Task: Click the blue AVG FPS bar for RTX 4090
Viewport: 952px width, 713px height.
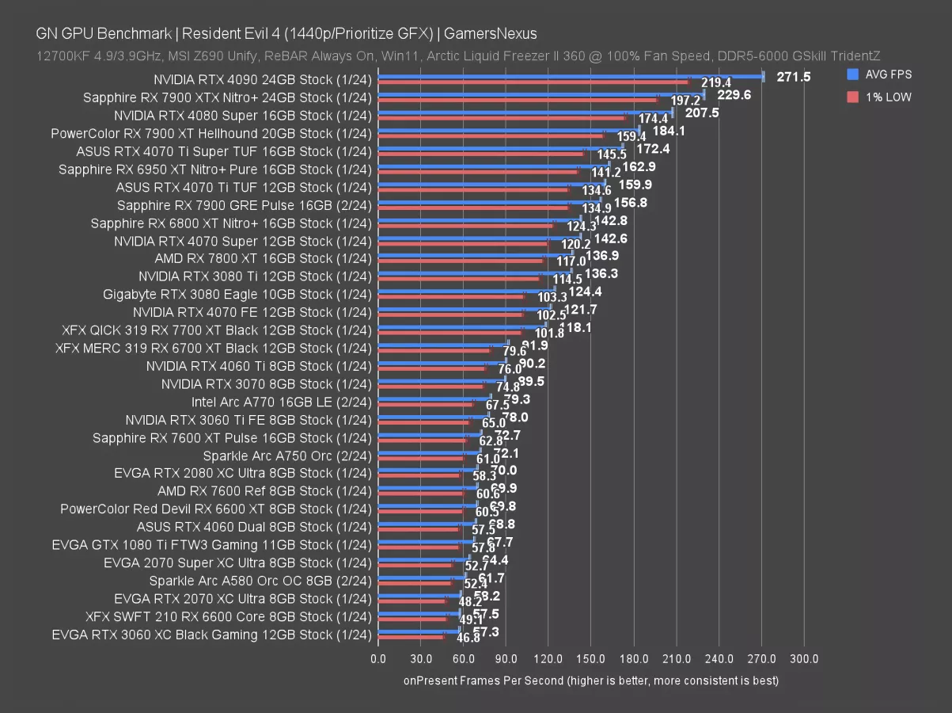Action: pyautogui.click(x=570, y=77)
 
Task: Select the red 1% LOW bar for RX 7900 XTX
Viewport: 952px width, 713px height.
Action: pyautogui.click(x=518, y=101)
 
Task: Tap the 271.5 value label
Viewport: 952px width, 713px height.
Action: pyautogui.click(x=794, y=77)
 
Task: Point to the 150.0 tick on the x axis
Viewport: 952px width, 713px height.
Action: pyautogui.click(x=591, y=659)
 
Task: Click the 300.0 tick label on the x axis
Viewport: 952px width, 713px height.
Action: pyautogui.click(x=804, y=659)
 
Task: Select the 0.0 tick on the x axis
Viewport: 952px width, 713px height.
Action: pyautogui.click(x=378, y=659)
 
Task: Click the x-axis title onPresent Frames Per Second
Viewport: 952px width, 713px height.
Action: pyautogui.click(x=591, y=681)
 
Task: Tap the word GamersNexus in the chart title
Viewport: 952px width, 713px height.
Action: pyautogui.click(x=490, y=33)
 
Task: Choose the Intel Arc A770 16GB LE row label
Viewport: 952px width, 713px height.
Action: pyautogui.click(x=281, y=402)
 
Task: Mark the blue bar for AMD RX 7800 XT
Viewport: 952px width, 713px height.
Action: pyautogui.click(x=476, y=255)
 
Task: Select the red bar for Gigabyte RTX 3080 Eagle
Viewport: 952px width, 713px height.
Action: pyautogui.click(x=451, y=297)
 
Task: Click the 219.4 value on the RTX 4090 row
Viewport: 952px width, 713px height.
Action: pyautogui.click(x=716, y=83)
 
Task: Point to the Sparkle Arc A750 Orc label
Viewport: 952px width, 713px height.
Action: pyautogui.click(x=286, y=456)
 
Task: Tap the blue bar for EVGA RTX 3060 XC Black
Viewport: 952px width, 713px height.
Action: pyautogui.click(x=419, y=631)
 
